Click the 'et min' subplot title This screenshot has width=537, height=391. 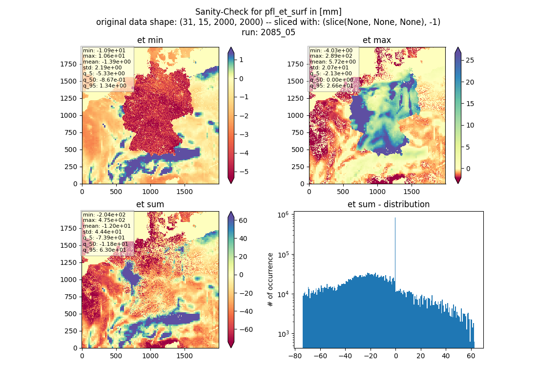150,40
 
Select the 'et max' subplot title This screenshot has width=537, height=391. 377,40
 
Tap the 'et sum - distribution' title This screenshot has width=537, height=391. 389,204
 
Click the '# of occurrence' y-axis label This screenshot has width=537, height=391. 270,280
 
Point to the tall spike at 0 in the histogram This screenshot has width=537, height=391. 395,254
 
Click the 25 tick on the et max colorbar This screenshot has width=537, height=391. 470,61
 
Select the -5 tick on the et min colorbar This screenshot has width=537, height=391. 244,172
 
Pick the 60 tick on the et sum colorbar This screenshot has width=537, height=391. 243,220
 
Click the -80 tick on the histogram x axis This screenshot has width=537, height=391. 295,356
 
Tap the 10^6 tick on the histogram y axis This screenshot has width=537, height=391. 283,215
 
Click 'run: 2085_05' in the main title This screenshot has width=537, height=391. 268,32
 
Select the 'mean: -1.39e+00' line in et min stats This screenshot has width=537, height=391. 107,62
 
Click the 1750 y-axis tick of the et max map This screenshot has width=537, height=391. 295,64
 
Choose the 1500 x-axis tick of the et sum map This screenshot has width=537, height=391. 184,356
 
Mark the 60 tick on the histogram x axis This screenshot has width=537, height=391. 471,356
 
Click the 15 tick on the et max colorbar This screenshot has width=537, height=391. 470,104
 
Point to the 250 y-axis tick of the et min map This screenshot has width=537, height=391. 71,167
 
